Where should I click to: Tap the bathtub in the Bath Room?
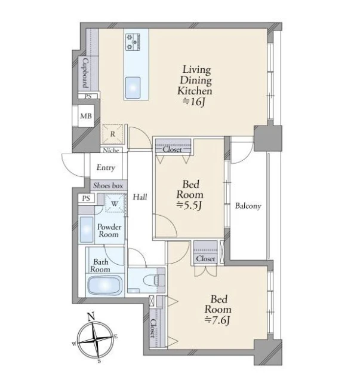[x=105, y=285]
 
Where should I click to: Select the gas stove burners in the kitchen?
[x=133, y=42]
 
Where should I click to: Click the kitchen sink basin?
[x=133, y=87]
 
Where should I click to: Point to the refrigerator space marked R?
[x=113, y=134]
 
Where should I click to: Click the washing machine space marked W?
[x=115, y=203]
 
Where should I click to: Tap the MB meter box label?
[x=86, y=116]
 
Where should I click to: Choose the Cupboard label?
[x=85, y=74]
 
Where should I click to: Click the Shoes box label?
[x=108, y=185]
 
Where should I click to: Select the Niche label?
[x=111, y=151]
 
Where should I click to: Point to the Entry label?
[x=106, y=167]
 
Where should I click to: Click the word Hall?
[x=140, y=197]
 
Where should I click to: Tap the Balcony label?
[x=248, y=206]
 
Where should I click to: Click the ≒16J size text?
[x=193, y=102]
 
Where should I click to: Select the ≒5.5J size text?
[x=189, y=205]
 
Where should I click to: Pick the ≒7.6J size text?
[x=217, y=320]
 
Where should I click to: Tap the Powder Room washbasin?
[x=86, y=230]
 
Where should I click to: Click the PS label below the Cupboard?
[x=88, y=97]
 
